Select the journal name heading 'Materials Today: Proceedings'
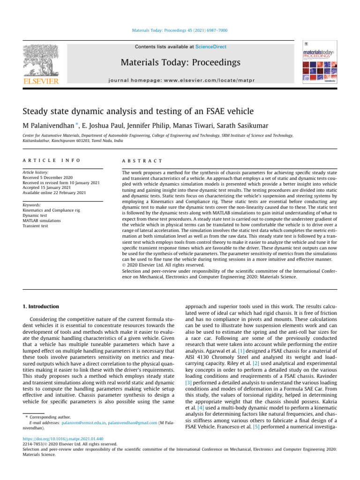(180, 62)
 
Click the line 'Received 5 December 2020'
(48, 178)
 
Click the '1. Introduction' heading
(41, 307)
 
